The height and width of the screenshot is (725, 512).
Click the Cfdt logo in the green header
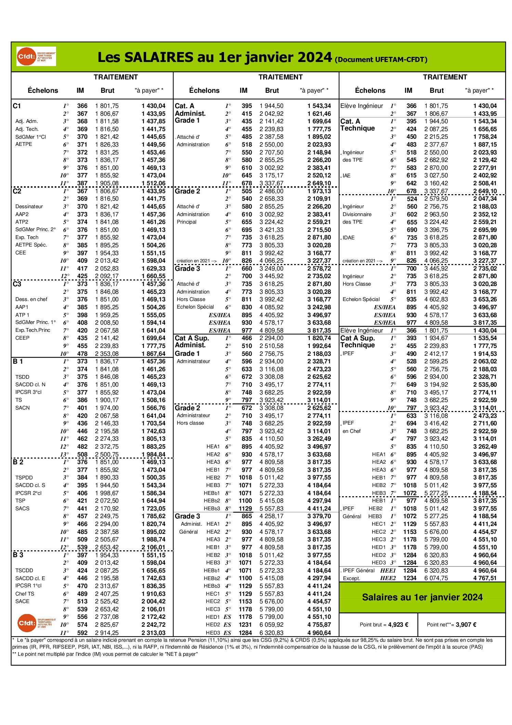point(36,57)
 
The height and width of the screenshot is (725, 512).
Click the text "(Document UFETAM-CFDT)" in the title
point(381,60)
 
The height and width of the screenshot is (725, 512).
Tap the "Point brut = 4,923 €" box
point(384,624)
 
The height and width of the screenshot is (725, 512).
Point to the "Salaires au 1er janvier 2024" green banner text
point(422,597)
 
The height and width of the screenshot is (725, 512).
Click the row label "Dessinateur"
point(29,207)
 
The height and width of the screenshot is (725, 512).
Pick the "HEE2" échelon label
point(388,578)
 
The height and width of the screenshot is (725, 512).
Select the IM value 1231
point(245,624)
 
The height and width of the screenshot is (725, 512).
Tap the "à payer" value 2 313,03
point(154,633)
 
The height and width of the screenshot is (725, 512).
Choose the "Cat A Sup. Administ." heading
point(192,341)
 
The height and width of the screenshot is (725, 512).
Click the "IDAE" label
point(349,238)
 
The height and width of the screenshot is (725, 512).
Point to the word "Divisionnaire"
point(357,214)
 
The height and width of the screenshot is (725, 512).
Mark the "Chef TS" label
point(25,593)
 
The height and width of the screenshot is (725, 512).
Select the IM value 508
point(82,454)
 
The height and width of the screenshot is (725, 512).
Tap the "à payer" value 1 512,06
point(154,183)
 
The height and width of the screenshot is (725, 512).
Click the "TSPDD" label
point(24,477)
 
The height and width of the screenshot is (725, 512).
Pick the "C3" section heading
point(17,284)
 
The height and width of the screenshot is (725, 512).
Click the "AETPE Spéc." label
point(31,245)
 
